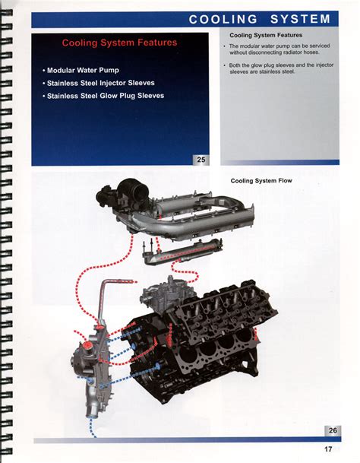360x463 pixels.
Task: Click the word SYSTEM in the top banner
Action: [300, 19]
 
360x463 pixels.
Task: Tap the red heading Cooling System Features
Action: [119, 43]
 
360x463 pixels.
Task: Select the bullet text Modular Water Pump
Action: [83, 70]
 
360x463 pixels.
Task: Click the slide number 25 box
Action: [201, 160]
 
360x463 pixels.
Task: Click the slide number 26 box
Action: [333, 430]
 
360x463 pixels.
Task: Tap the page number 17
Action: [328, 449]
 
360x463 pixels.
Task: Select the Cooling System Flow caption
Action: [261, 181]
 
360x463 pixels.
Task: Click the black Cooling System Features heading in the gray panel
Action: [266, 35]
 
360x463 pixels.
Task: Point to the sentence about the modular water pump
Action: [279, 49]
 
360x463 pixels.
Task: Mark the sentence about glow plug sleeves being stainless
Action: [281, 68]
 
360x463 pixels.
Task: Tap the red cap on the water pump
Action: [87, 345]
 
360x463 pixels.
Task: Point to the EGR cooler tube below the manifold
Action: [182, 252]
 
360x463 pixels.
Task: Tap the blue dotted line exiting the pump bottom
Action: [91, 427]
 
